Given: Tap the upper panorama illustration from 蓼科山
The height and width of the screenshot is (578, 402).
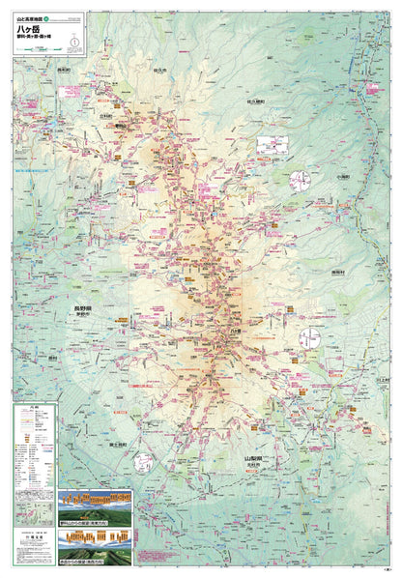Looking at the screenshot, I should (97, 500).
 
